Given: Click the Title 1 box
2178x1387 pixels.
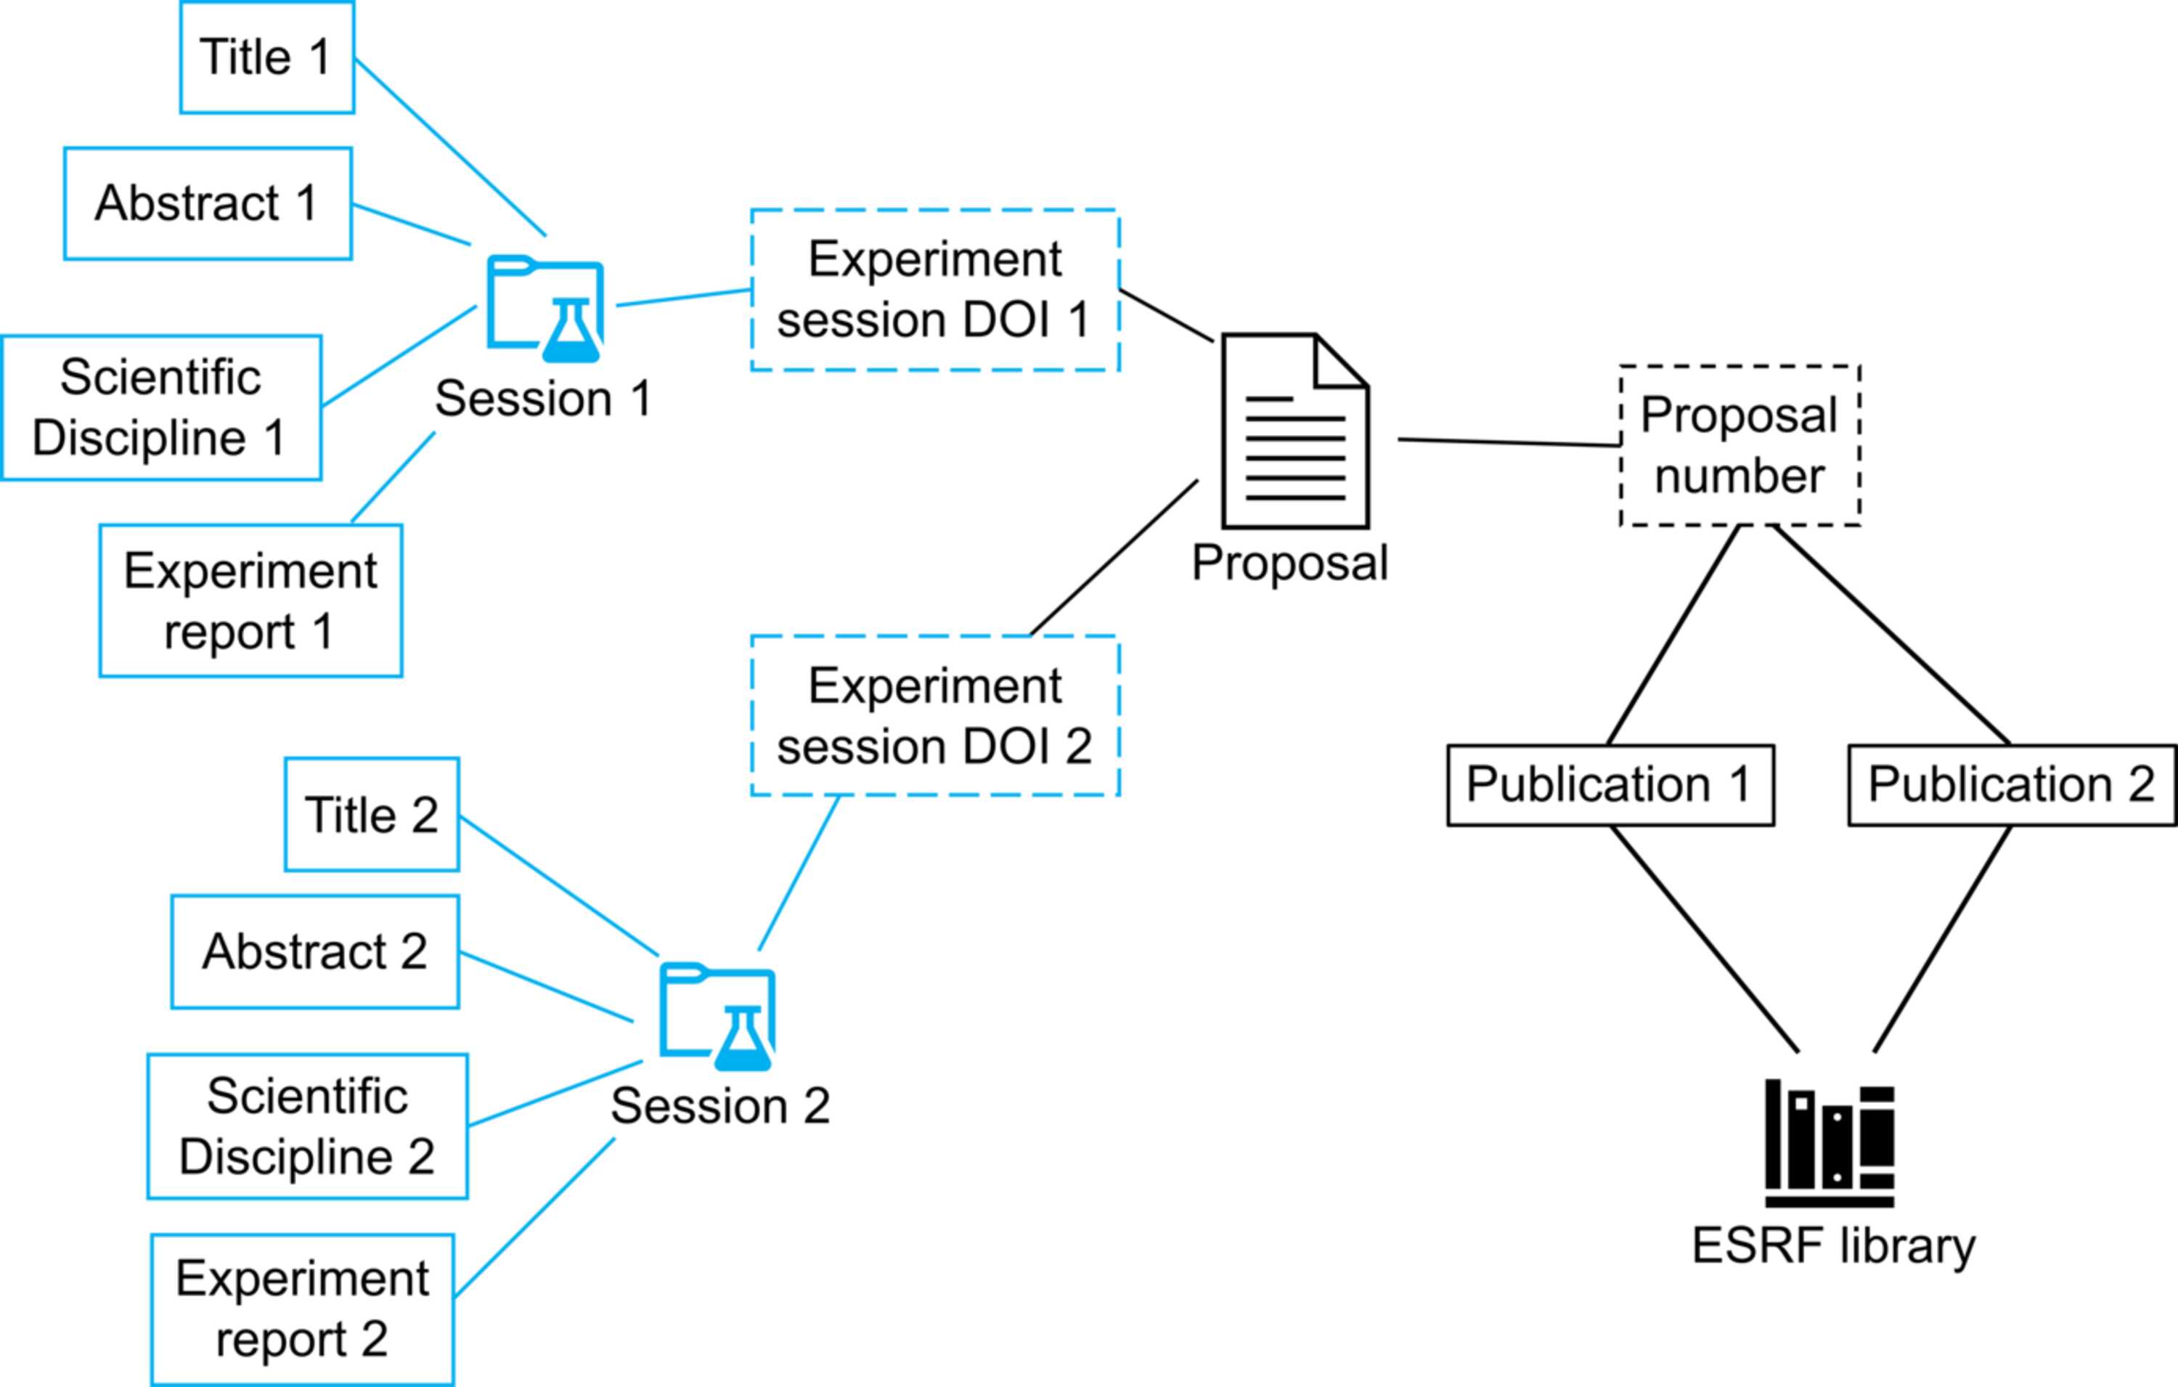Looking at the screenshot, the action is pos(267,57).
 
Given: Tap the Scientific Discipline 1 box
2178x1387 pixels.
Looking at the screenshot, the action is pos(161,407).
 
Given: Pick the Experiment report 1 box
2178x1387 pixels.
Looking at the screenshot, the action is pos(250,601).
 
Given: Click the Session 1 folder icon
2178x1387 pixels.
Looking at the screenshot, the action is pos(545,309).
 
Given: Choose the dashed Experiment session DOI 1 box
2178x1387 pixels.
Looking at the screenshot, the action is pos(935,290).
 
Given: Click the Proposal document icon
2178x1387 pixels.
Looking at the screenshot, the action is pos(1295,431).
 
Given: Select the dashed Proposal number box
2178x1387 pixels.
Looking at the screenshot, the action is pos(1739,445).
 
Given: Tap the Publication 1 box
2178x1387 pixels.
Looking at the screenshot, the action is pos(1610,785).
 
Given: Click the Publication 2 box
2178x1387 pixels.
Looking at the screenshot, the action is pos(2012,785).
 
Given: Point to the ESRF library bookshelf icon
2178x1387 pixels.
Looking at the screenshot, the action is pos(1830,1143).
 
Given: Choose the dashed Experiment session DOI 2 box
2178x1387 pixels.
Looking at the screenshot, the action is pos(935,717).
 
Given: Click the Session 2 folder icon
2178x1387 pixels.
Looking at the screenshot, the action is pos(717,1016).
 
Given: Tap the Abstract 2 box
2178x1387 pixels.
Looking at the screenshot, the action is pos(315,952).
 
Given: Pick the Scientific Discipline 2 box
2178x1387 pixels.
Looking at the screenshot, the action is pos(308,1126).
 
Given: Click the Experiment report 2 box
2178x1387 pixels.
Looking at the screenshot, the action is pos(302,1309).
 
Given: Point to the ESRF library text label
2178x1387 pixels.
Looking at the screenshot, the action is pos(1833,1247).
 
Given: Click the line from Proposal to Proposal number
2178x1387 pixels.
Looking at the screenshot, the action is pos(1509,442).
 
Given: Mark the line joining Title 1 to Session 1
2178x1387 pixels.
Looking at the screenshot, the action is pos(450,147).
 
